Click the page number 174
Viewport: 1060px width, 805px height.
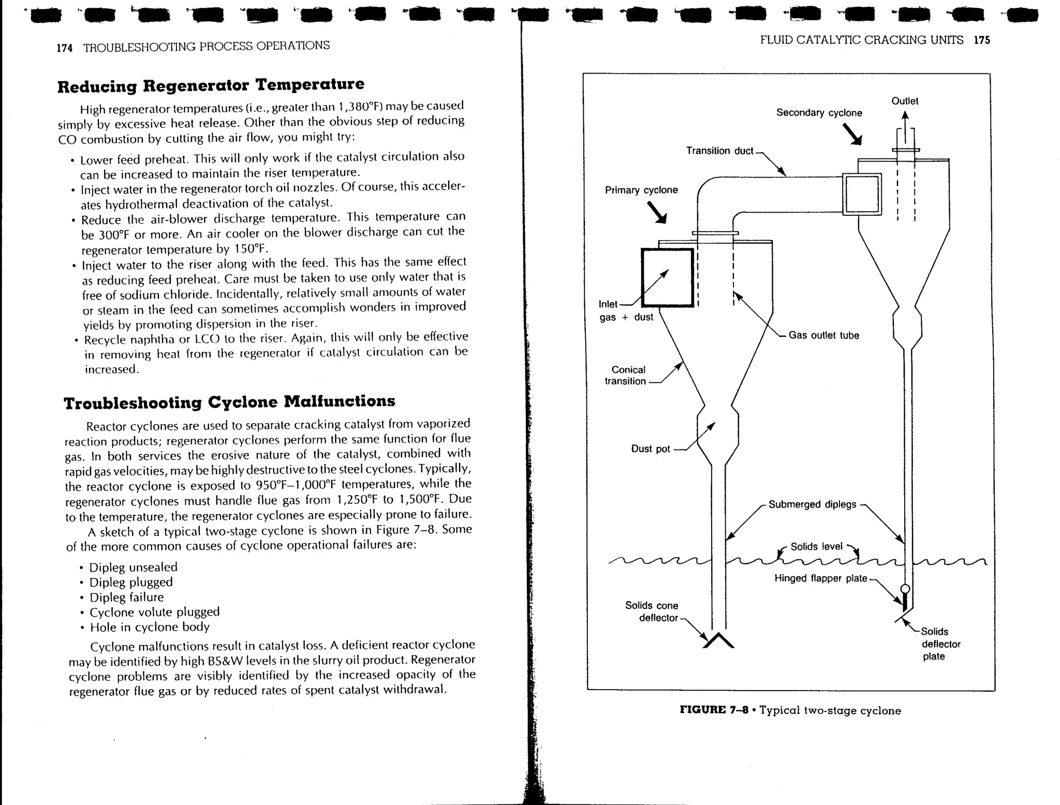click(64, 48)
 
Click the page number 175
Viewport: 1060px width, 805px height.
click(981, 40)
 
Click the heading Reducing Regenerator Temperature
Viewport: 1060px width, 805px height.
click(211, 85)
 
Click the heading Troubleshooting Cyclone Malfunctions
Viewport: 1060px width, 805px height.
click(229, 402)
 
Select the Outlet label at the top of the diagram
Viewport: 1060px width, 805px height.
click(904, 101)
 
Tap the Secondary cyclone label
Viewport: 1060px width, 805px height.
click(819, 113)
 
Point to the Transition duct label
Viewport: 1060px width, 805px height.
click(719, 151)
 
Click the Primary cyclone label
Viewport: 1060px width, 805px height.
click(641, 190)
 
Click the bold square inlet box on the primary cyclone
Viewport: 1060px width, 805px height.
click(667, 278)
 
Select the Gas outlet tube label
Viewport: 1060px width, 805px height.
click(823, 335)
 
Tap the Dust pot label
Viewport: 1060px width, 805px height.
click(650, 449)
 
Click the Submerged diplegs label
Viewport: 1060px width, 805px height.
click(812, 504)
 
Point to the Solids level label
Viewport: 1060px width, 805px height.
click(816, 546)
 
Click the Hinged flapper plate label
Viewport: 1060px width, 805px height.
click(820, 578)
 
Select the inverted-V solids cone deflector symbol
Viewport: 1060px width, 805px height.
click(718, 642)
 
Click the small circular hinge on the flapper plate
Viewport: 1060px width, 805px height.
click(905, 589)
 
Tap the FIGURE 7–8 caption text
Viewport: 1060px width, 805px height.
click(790, 710)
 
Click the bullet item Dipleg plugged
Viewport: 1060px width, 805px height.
click(130, 582)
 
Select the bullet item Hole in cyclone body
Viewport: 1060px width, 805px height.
click(149, 627)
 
